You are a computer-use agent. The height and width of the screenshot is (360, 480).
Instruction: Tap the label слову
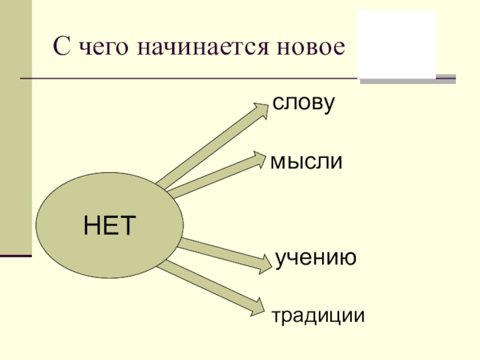coord(302,103)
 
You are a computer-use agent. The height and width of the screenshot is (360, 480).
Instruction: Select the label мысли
coord(306,161)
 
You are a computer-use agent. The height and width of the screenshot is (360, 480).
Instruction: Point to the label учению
coord(316,258)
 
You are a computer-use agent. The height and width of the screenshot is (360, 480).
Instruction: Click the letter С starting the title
coord(61,47)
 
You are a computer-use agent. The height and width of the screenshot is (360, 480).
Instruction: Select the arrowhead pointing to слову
coord(260,111)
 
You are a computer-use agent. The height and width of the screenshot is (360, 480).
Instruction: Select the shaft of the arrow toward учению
coord(219,251)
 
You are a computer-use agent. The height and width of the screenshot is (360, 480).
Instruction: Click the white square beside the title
coord(396,44)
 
